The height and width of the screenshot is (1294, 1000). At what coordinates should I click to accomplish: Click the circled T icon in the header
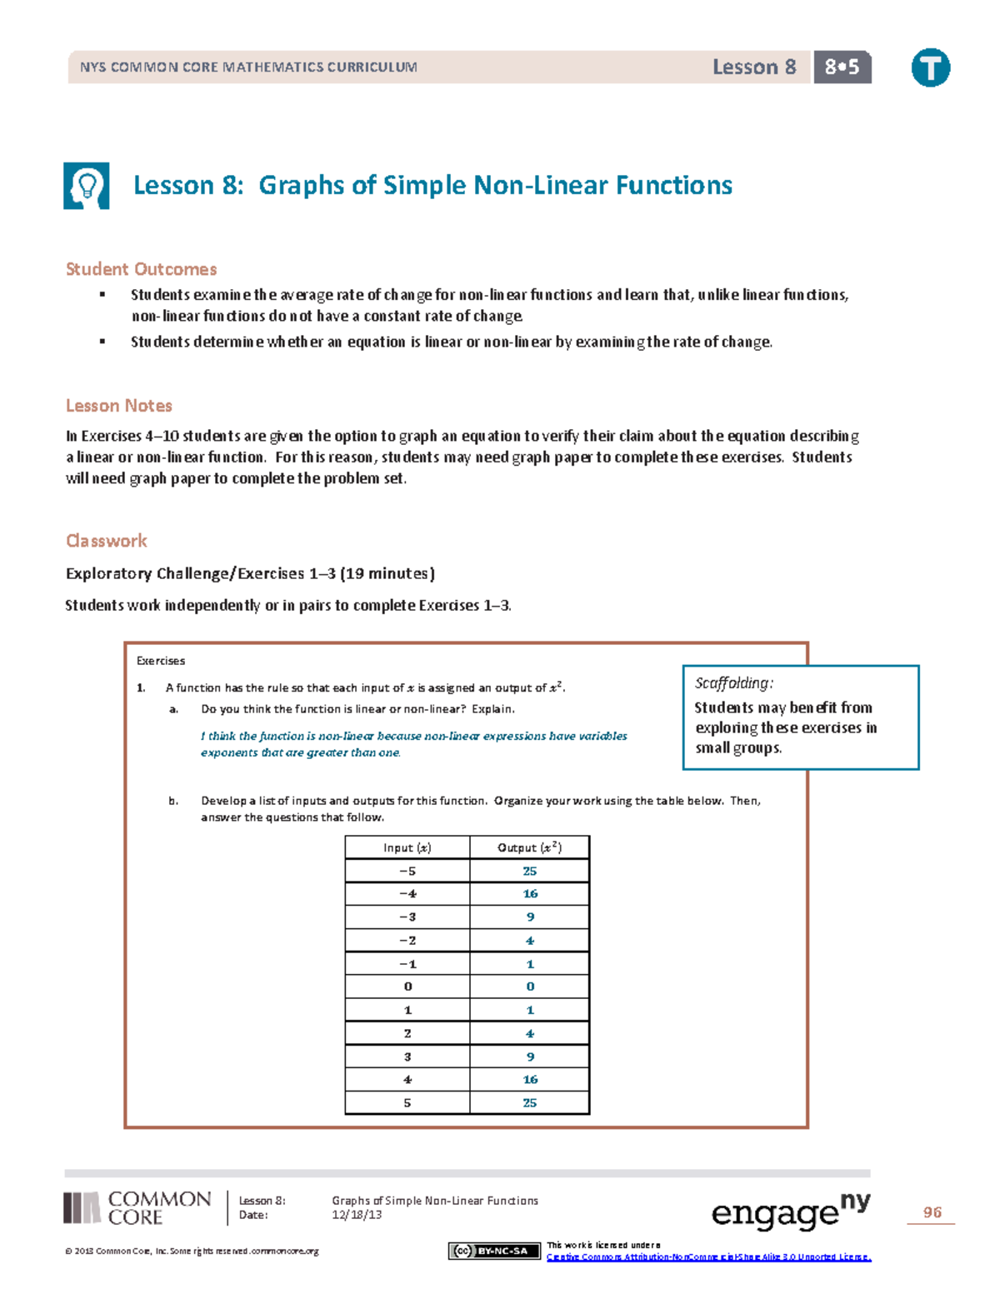930,67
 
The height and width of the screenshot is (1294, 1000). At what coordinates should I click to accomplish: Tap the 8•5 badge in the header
842,67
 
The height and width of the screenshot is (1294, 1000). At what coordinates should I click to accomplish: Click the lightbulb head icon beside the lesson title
87,186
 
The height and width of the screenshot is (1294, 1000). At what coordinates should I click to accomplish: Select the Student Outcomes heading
141,269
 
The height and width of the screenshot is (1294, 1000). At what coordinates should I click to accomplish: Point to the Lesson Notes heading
118,406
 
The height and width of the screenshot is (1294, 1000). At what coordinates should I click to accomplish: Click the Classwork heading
106,541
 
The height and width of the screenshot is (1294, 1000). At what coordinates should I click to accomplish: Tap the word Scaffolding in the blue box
733,683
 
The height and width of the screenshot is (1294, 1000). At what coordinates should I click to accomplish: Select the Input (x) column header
407,847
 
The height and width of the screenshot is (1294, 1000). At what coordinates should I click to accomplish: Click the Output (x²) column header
529,847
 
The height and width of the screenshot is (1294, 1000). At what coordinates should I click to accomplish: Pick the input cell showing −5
407,871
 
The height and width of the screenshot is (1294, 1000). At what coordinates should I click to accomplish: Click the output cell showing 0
530,987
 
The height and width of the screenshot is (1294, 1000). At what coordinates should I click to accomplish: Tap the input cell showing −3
407,917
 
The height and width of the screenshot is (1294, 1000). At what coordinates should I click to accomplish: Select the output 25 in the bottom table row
530,1102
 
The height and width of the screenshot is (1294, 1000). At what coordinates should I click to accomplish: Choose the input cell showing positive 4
407,1079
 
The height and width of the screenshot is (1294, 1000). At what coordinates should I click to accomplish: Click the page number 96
932,1212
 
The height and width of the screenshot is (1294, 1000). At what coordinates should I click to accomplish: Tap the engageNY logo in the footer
790,1212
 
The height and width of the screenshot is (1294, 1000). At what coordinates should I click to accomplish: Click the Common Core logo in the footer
138,1208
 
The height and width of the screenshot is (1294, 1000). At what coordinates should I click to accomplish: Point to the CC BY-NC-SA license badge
494,1251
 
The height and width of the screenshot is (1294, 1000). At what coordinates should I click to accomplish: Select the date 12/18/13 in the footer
357,1215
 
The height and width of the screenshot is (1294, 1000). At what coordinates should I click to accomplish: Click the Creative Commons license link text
708,1257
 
